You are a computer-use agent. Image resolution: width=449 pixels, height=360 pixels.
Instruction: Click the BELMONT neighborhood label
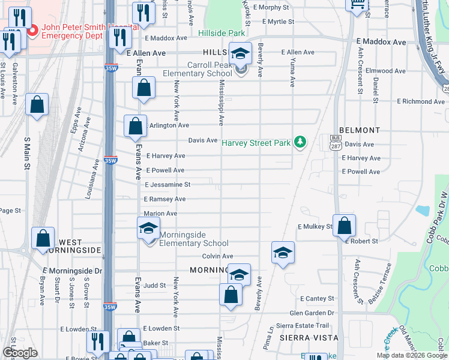pos(360,130)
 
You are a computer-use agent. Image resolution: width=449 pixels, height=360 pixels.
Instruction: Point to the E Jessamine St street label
pos(167,185)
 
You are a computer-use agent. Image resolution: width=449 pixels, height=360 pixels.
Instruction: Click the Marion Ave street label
pos(160,214)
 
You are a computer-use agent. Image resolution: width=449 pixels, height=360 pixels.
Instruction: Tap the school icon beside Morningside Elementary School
pos(148,229)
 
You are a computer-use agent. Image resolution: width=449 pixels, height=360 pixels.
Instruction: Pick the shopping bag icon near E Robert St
pos(344,226)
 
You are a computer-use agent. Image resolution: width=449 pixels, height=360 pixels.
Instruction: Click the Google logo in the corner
pos(19,352)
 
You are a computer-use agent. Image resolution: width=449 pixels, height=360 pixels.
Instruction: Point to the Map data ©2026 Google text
pos(412,355)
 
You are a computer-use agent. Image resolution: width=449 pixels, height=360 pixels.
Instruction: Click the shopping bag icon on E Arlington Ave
pos(135,127)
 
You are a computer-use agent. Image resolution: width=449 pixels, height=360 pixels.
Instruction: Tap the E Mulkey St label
pos(315,227)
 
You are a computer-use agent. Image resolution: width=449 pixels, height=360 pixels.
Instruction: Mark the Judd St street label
pos(154,286)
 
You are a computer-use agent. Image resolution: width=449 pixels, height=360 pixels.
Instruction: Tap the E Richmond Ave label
pos(421,101)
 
